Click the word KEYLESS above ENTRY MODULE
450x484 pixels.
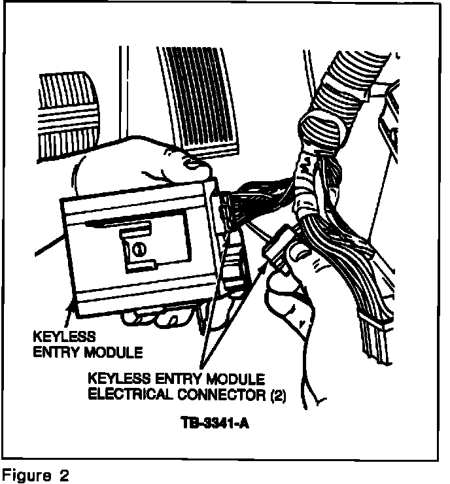coord(64,337)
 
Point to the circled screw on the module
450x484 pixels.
coord(139,248)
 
